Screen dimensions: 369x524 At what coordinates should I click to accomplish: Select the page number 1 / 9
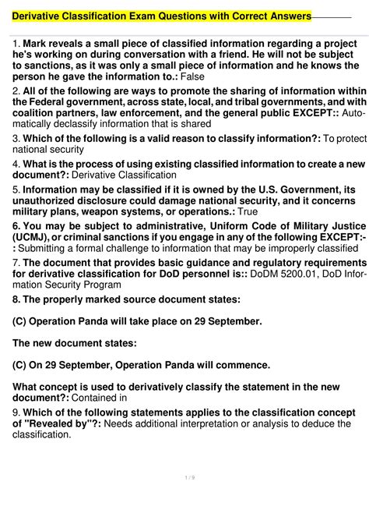point(184,501)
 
